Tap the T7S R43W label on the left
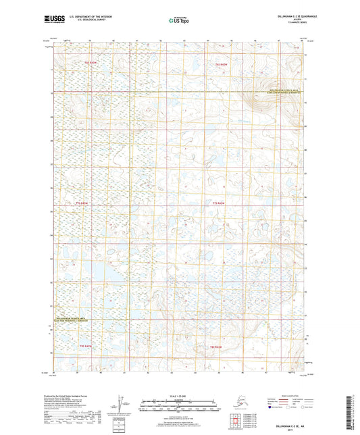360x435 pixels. point(82,203)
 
